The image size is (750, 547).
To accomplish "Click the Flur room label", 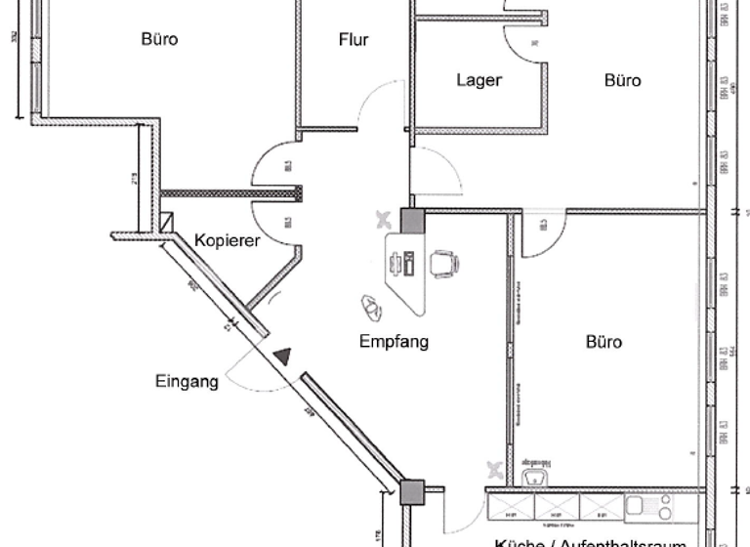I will point(354,40).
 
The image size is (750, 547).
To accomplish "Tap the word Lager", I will point(479,80).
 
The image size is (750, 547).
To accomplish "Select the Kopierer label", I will point(227,240).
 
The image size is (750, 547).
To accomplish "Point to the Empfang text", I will point(394,342).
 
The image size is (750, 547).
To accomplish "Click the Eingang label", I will point(186,382).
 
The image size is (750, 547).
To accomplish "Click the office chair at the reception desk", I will point(444,263).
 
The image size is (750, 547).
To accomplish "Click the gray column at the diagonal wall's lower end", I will point(413,491).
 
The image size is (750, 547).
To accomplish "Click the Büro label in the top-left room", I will point(159,40).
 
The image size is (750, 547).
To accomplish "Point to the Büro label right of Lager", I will point(622,80).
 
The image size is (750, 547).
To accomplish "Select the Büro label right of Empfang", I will point(604,342).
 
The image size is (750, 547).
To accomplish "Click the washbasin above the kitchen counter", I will point(532,477).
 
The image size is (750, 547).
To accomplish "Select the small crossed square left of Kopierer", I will point(167,223).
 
